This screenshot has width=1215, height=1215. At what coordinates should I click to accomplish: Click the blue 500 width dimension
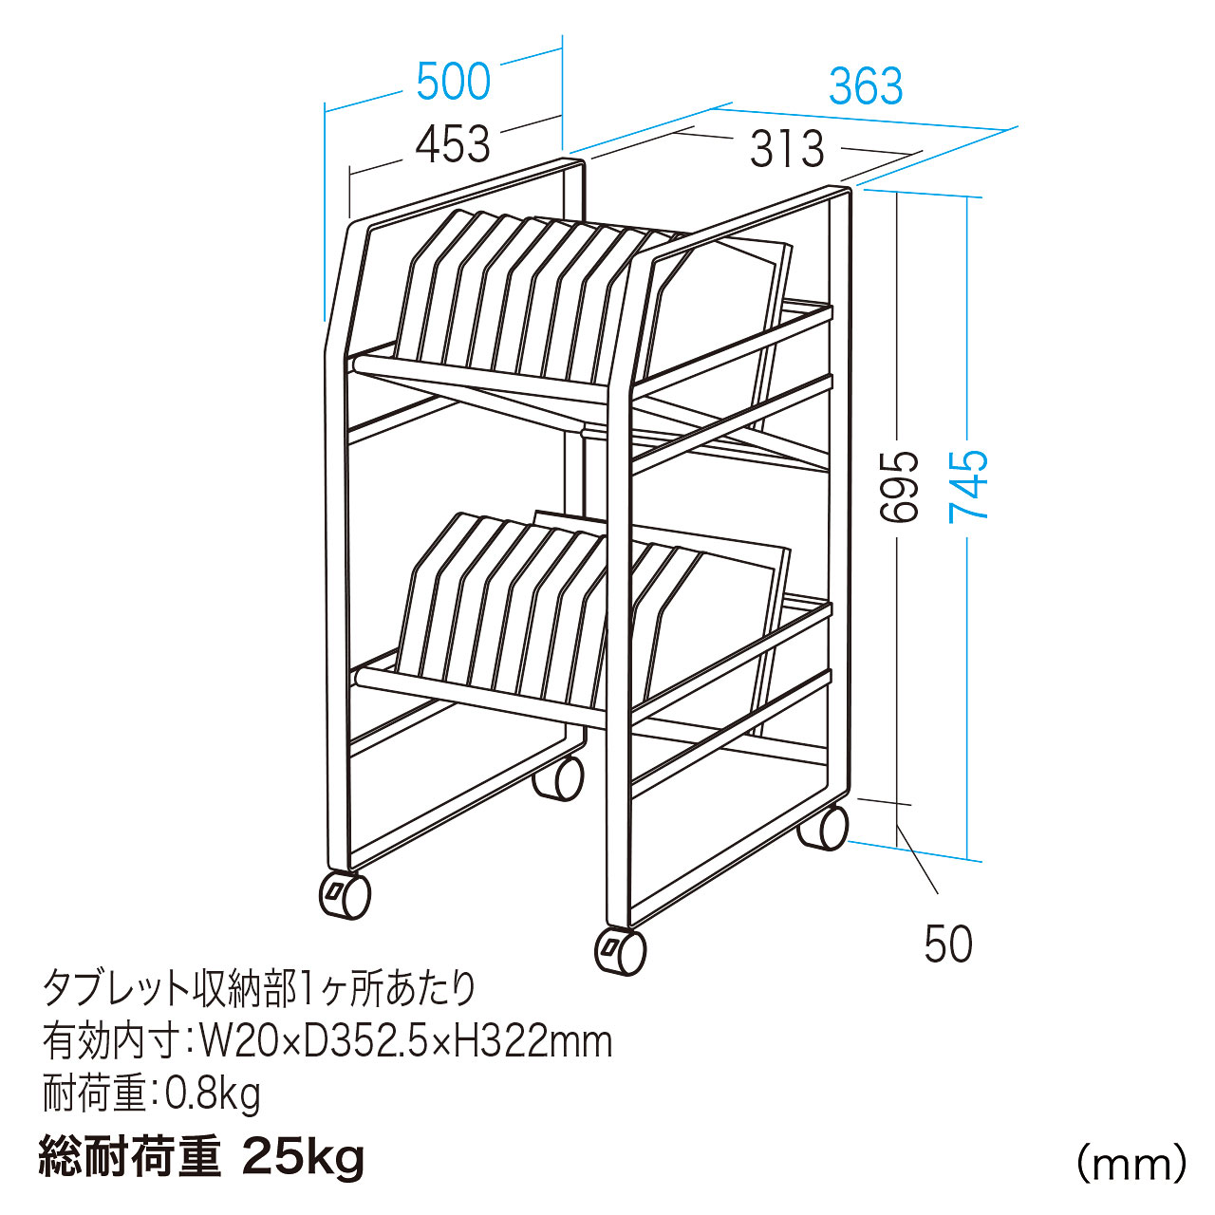[x=454, y=82]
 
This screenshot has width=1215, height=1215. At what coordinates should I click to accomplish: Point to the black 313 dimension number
[x=788, y=149]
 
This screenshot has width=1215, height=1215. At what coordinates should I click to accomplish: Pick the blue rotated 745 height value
[x=968, y=485]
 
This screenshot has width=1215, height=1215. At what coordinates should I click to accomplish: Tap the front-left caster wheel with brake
[x=346, y=896]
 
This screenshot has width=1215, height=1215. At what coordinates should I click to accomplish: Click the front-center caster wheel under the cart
[x=621, y=952]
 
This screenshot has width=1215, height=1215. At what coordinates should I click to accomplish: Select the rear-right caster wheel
[x=823, y=828]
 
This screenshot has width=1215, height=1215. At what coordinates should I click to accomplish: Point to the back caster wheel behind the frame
[x=558, y=778]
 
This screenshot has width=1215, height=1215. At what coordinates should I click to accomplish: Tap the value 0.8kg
[x=214, y=1095]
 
